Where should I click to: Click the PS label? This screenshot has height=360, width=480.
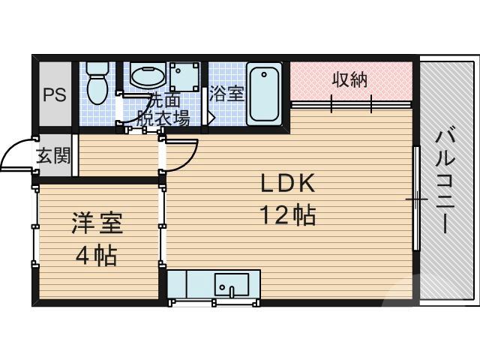coord(54,95)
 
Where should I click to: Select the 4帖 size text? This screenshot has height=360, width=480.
coord(96,255)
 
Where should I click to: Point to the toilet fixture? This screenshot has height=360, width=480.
coord(97,82)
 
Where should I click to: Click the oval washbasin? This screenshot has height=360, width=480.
coord(148,75)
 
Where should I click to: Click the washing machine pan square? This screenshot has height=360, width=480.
coord(184,78)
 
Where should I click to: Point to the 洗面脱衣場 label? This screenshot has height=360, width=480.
coord(162,109)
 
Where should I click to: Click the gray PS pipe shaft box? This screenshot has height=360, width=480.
coord(54,95)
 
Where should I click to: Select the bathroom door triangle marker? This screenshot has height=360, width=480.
coord(212,118)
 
